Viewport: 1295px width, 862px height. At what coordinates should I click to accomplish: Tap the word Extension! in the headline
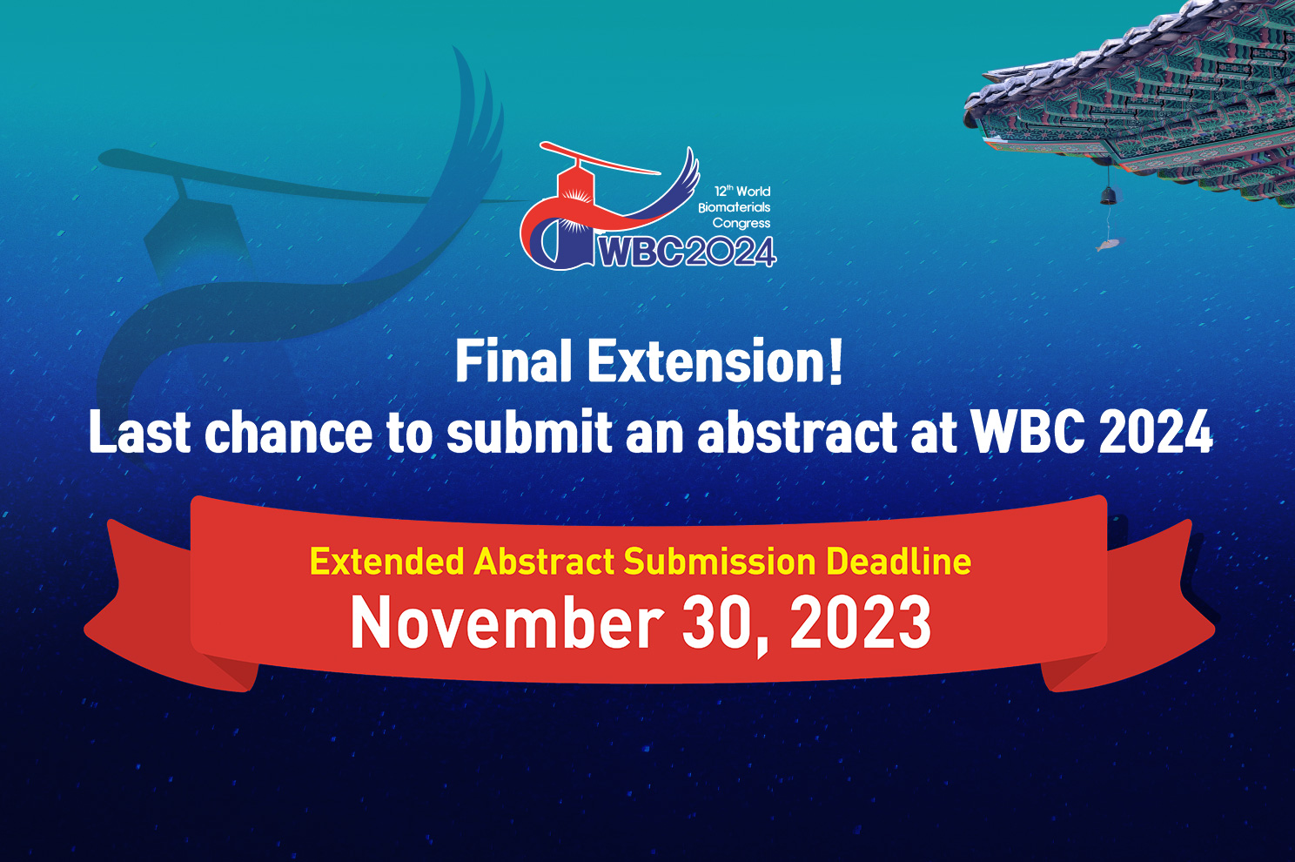click(715, 361)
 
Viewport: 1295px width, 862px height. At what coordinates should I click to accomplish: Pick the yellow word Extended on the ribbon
click(386, 561)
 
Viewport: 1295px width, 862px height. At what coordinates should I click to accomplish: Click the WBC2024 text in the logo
click(686, 253)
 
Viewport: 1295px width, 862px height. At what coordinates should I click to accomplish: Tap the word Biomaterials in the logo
click(735, 207)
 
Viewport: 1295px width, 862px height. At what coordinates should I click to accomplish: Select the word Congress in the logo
click(741, 223)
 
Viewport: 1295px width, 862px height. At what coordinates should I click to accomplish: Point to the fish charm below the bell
click(1107, 244)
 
